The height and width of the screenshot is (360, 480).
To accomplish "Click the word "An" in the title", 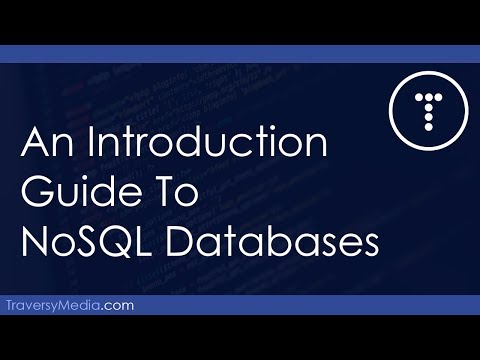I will (43, 147).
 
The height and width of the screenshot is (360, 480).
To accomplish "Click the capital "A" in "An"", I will (34, 147).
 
